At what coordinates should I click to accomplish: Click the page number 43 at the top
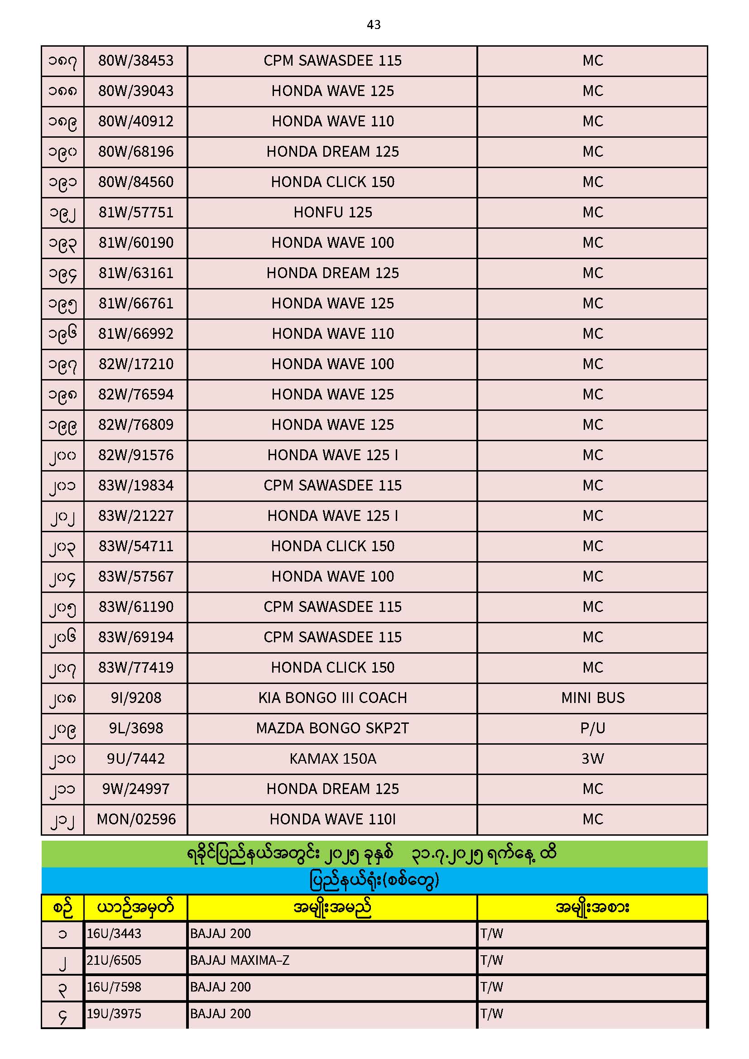click(374, 25)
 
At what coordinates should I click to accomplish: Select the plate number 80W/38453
click(135, 60)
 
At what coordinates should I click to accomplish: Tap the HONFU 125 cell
click(332, 212)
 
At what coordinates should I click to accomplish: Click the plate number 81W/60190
click(135, 243)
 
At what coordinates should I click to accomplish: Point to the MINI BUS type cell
click(593, 698)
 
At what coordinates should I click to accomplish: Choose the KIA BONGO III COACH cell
click(332, 698)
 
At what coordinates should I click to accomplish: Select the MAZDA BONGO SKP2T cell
click(332, 728)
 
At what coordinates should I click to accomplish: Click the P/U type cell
click(593, 728)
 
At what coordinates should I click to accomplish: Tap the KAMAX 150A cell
click(332, 759)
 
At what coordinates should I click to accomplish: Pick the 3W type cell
click(593, 759)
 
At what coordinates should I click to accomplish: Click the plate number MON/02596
click(136, 819)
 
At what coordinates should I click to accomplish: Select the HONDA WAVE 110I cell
click(332, 819)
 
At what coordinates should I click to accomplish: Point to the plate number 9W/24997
click(135, 789)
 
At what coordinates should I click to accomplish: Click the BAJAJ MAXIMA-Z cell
click(240, 960)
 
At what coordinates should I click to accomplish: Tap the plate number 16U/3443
click(114, 934)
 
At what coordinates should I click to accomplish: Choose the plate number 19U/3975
click(114, 1014)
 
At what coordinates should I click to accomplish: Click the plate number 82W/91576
click(135, 455)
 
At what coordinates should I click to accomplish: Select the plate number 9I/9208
click(135, 698)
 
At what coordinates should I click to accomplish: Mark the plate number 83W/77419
click(135, 667)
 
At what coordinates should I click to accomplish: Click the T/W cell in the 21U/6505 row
click(492, 960)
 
